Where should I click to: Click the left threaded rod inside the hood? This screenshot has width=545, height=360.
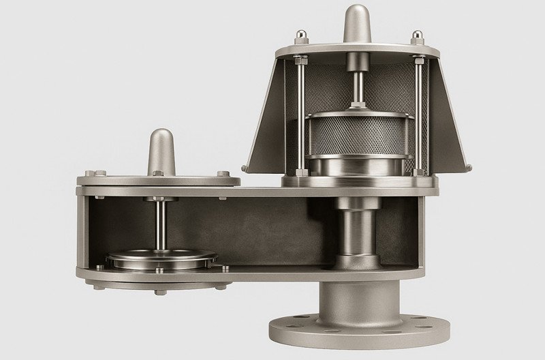click(x=299, y=116)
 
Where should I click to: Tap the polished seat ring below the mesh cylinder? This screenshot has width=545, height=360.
click(x=356, y=168)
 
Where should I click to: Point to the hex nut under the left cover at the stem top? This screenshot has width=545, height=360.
click(x=161, y=199)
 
